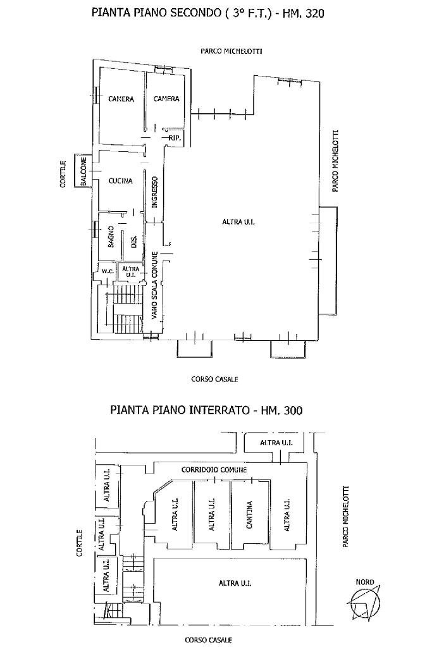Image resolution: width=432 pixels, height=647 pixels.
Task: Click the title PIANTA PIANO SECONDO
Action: (x=207, y=13)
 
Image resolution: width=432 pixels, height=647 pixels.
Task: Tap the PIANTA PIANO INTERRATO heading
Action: (x=206, y=410)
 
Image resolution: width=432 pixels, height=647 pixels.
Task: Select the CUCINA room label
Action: (x=120, y=181)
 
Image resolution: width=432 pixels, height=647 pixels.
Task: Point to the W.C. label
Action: (x=108, y=272)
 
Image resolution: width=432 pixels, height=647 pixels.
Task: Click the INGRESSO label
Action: (x=154, y=192)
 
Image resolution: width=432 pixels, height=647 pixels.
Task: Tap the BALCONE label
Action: (x=83, y=171)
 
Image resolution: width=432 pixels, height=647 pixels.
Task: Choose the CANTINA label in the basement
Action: (x=250, y=515)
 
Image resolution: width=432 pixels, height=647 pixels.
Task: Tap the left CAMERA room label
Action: (x=120, y=99)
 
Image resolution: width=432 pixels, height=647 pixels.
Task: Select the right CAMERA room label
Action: (x=166, y=99)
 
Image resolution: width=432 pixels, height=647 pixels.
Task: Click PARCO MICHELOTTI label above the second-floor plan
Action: (x=222, y=51)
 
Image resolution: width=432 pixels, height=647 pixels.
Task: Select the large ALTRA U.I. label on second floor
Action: (x=238, y=221)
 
